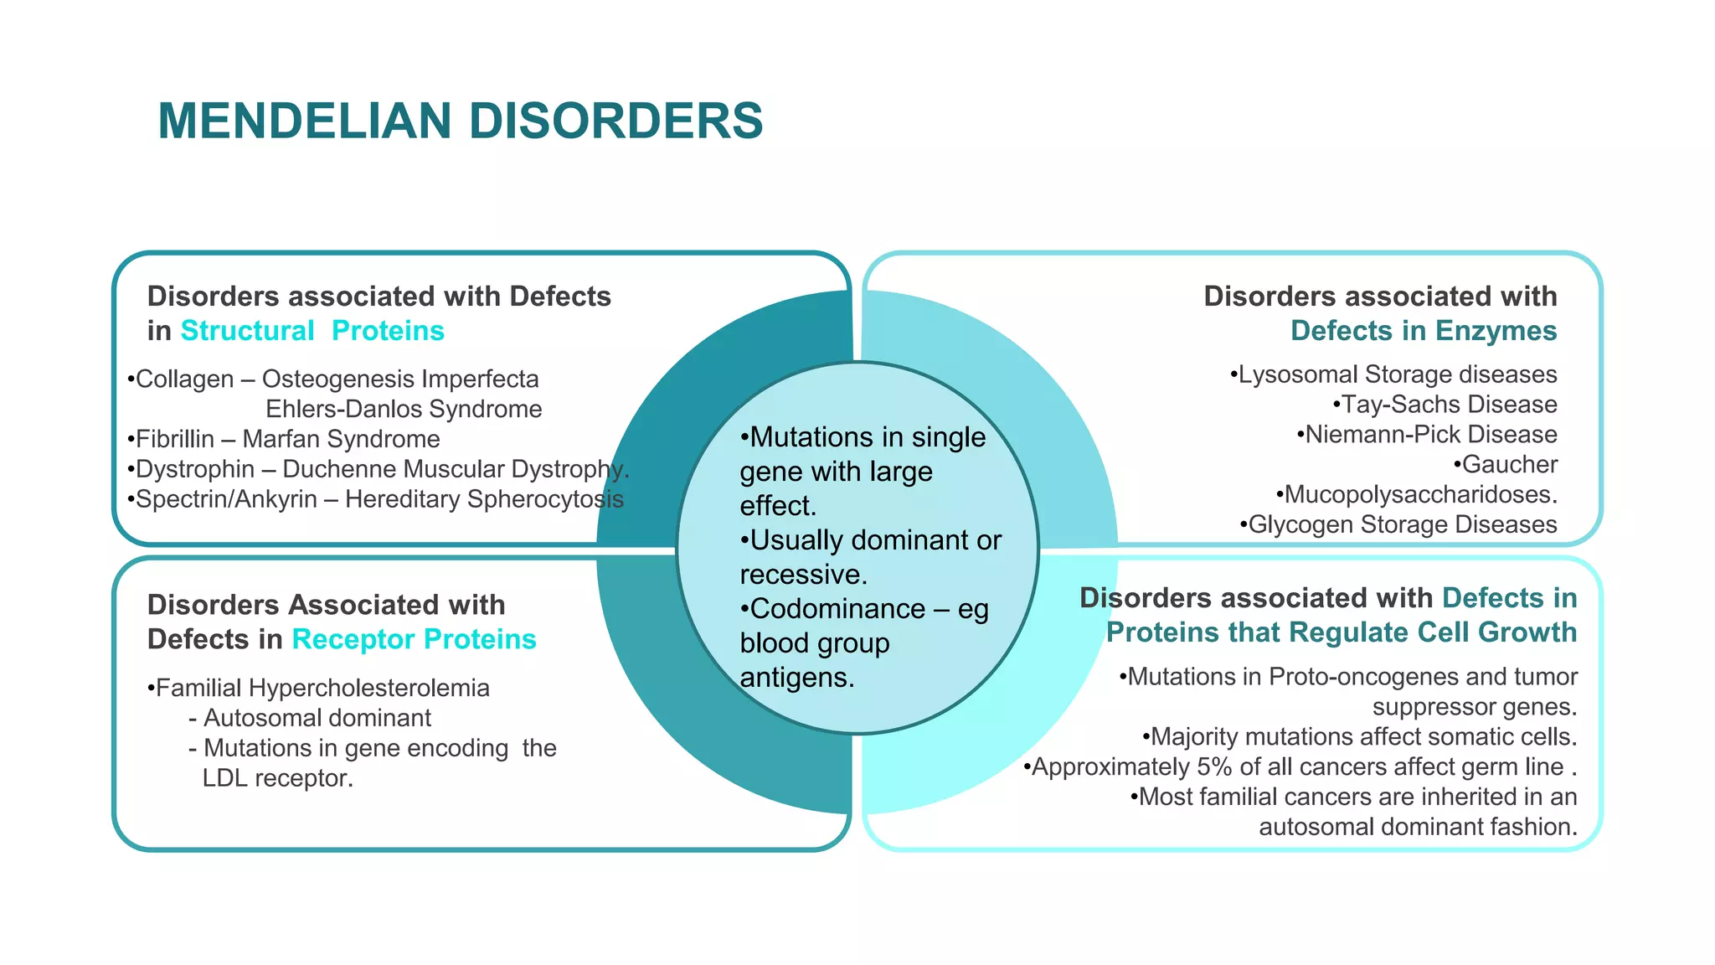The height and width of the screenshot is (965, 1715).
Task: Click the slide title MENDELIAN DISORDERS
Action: click(x=460, y=121)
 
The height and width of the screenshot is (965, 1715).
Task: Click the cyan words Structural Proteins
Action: click(x=312, y=331)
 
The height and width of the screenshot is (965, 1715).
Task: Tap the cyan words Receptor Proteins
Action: click(x=414, y=639)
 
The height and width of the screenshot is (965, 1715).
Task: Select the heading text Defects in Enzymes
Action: click(x=1423, y=331)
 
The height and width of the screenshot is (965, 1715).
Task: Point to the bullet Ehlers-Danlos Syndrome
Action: click(x=404, y=409)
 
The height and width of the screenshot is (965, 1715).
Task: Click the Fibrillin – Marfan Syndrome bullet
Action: click(x=285, y=439)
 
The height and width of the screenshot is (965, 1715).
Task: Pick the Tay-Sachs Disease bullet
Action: click(x=1447, y=405)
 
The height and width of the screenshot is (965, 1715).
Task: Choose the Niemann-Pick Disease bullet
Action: click(x=1429, y=435)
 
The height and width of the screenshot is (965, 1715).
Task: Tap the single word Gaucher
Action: click(x=1509, y=465)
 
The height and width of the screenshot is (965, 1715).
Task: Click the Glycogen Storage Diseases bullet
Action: click(x=1400, y=525)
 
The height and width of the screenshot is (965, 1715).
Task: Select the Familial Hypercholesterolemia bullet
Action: click(x=320, y=689)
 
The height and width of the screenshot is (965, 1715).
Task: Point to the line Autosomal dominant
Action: click(x=317, y=719)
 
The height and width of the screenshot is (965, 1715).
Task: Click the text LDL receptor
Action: click(x=277, y=779)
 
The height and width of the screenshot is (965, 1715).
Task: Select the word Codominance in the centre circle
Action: click(x=837, y=609)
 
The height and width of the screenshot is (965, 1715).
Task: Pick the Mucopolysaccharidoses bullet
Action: click(x=1418, y=495)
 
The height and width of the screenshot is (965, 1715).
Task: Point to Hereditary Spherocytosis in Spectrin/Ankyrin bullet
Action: click(x=484, y=499)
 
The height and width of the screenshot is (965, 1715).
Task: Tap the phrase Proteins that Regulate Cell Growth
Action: click(x=1341, y=632)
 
